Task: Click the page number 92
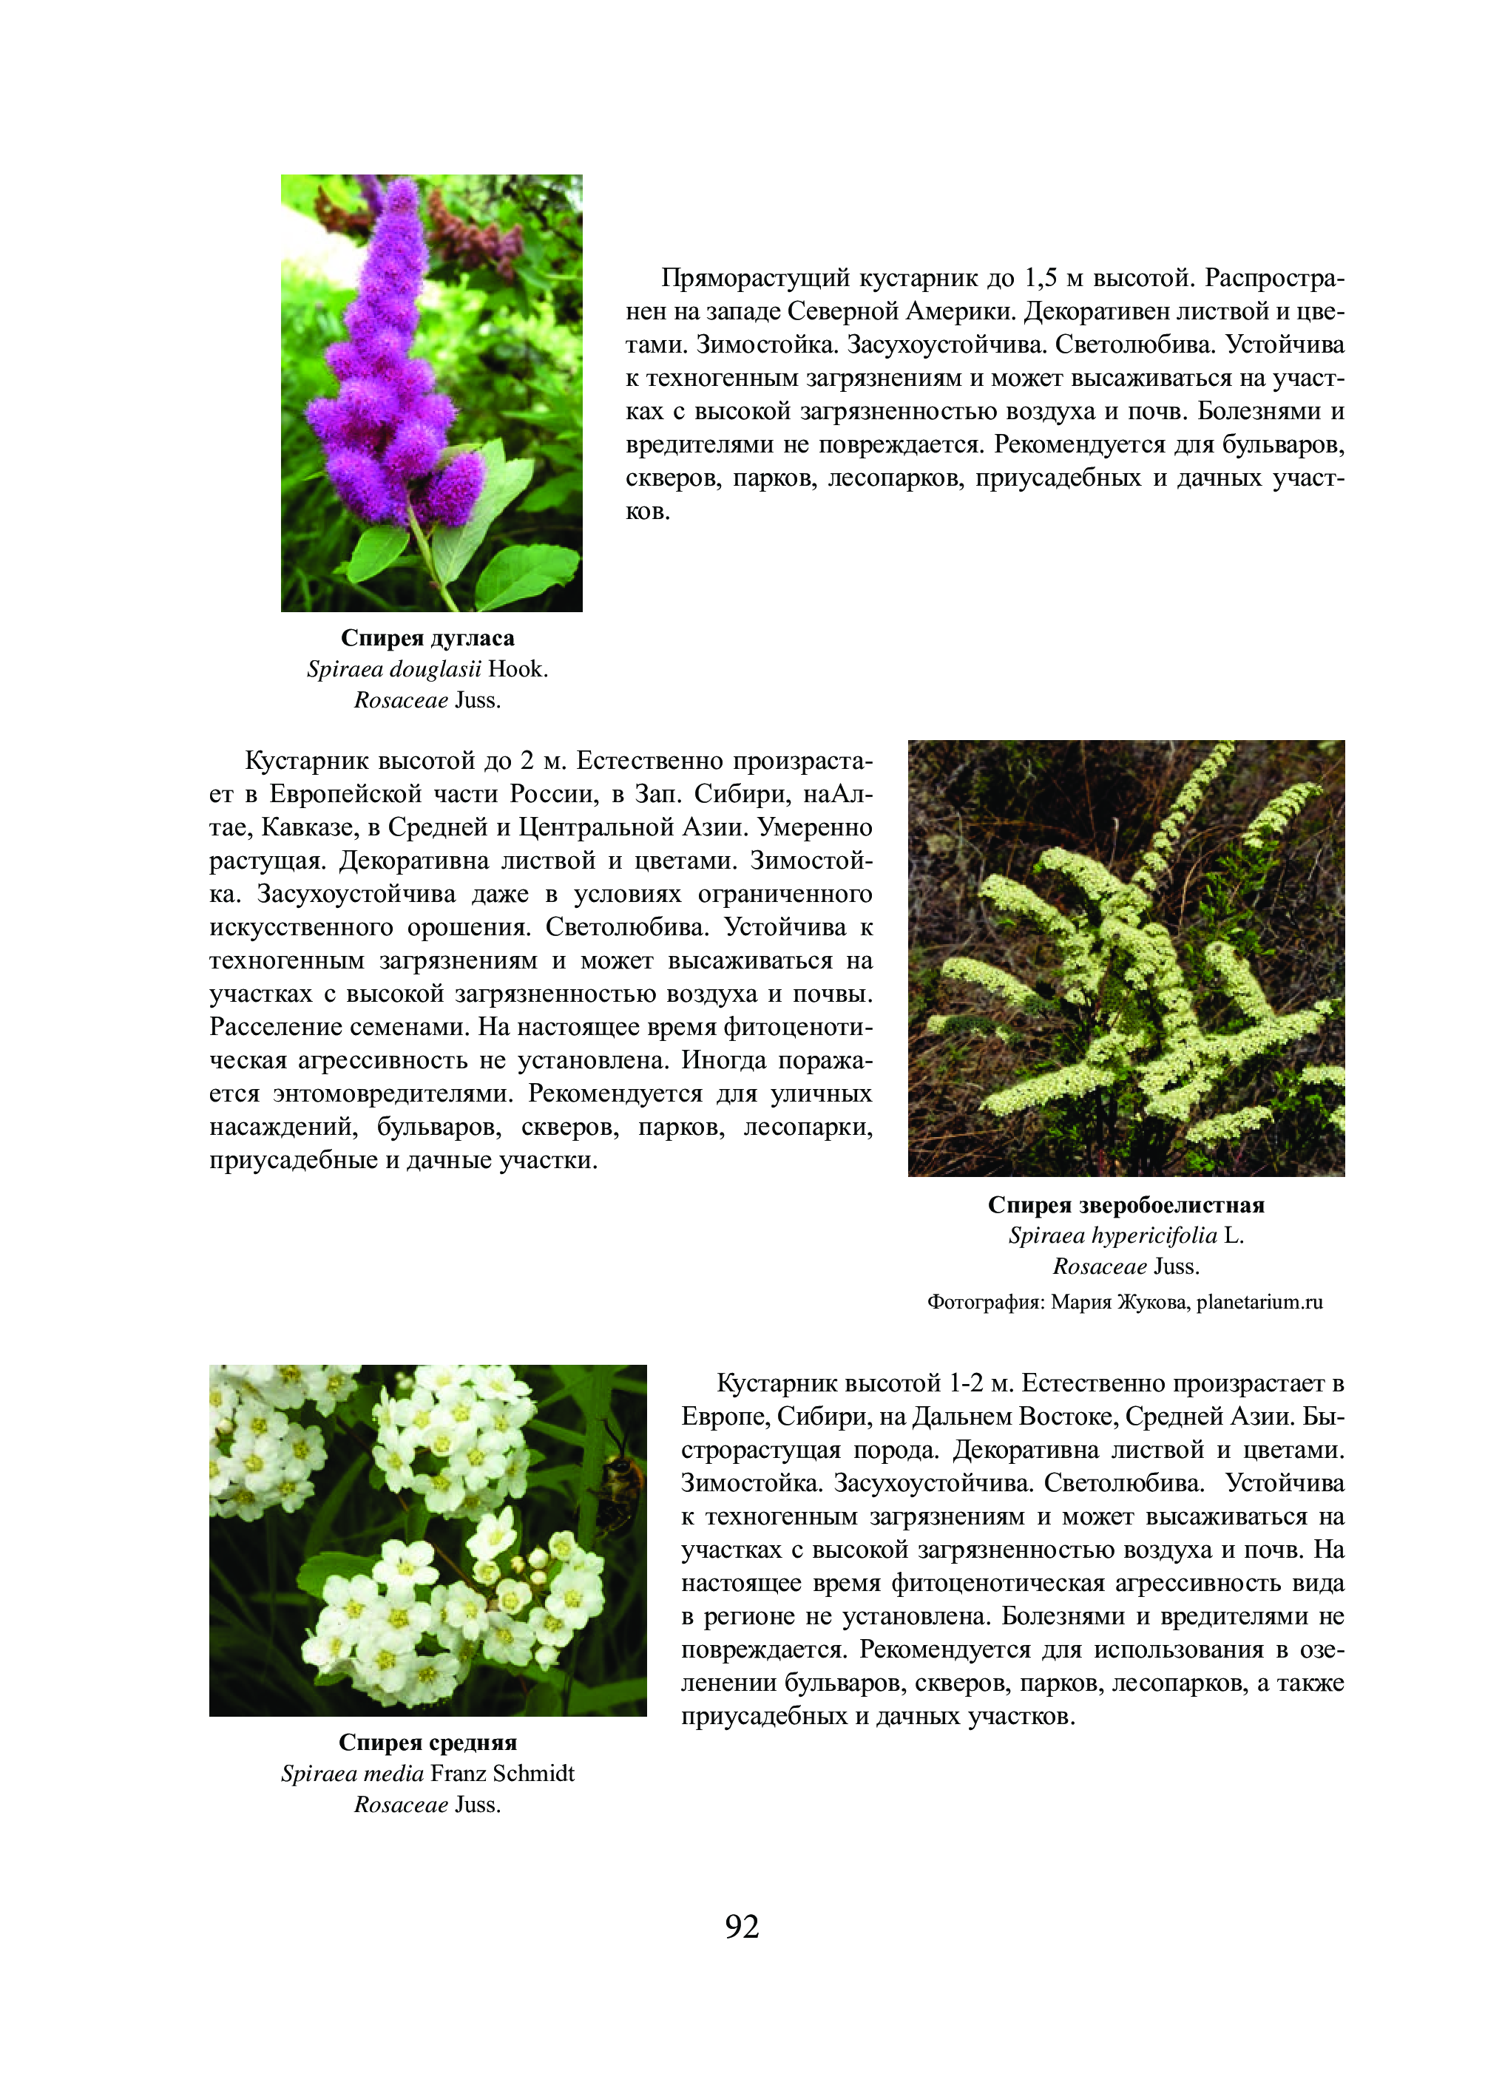pyautogui.click(x=742, y=1926)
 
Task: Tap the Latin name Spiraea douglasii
pyautogui.click(x=394, y=669)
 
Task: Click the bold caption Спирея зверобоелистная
pyautogui.click(x=1126, y=1205)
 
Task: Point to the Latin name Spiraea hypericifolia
pyautogui.click(x=1112, y=1236)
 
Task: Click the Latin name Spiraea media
pyautogui.click(x=352, y=1774)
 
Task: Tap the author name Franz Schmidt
pyautogui.click(x=502, y=1774)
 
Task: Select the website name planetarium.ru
pyautogui.click(x=1259, y=1302)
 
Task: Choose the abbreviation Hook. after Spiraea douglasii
pyautogui.click(x=518, y=669)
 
